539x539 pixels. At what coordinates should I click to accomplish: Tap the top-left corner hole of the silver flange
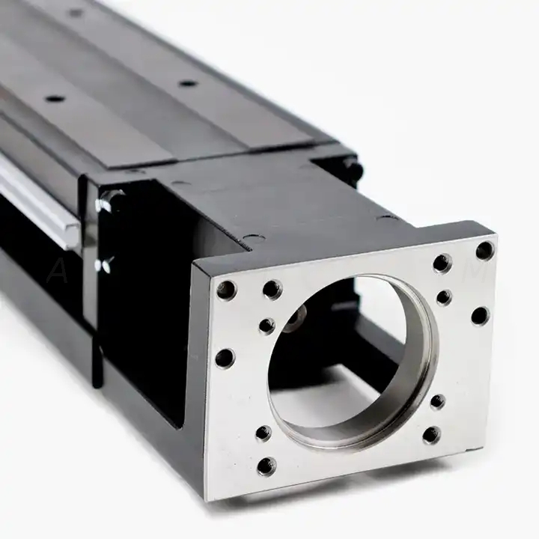[x=226, y=289]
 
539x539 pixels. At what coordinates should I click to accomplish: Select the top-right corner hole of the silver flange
[x=484, y=250]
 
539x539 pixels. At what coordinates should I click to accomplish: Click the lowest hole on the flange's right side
[x=431, y=434]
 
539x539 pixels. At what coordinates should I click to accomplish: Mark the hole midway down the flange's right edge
[x=480, y=315]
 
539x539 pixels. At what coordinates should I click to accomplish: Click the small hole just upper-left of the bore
[x=267, y=326]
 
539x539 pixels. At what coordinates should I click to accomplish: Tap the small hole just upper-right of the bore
[x=444, y=297]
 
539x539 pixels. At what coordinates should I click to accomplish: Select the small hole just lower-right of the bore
[x=437, y=401]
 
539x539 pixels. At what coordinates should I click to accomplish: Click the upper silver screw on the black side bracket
[x=110, y=200]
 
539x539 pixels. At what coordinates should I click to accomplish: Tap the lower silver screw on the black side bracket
[x=106, y=264]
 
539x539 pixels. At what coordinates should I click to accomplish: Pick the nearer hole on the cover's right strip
[x=188, y=82]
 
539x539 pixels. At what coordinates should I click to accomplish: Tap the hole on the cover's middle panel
[x=54, y=98]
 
